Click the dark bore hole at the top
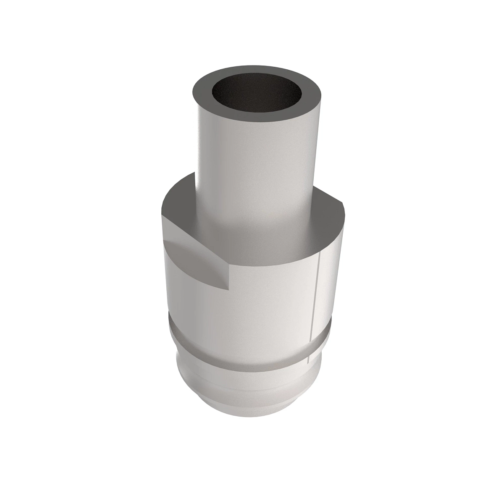click(x=257, y=93)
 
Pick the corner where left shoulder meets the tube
click(x=196, y=173)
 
